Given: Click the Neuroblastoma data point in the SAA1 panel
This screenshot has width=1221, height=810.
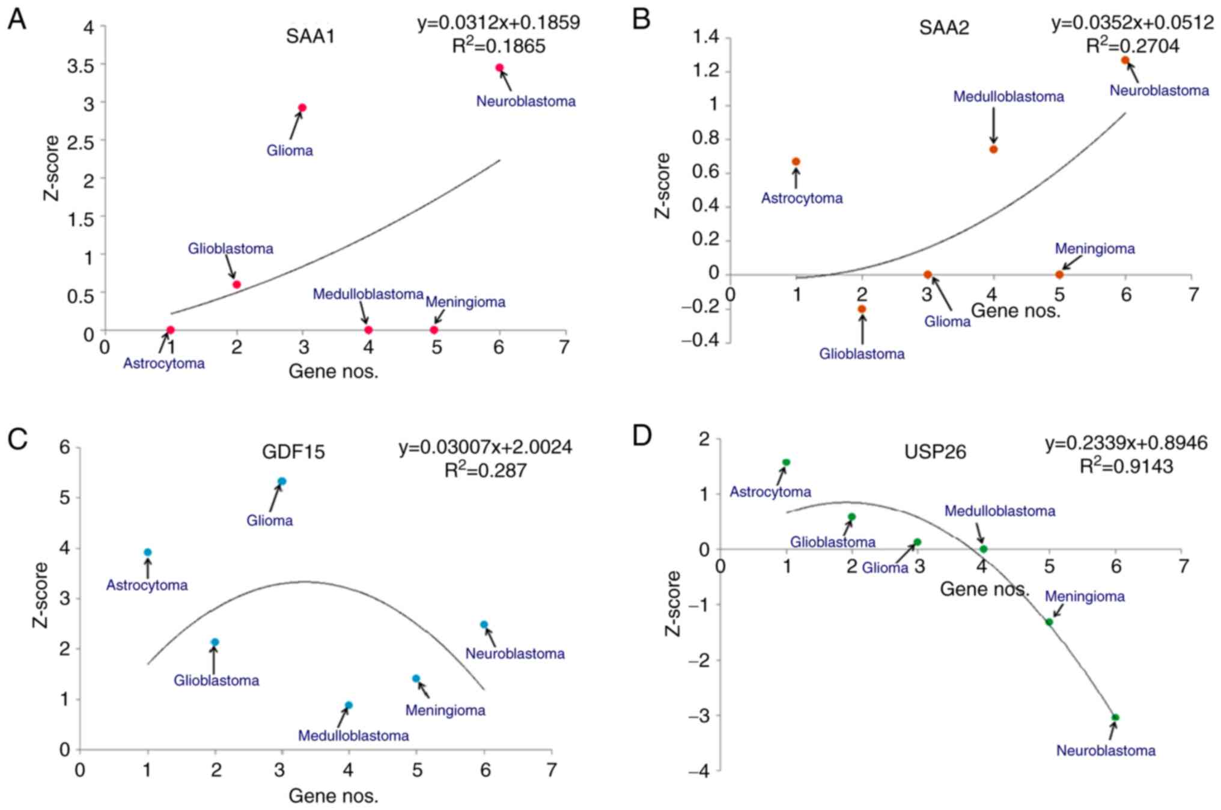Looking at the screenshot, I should point(499,68).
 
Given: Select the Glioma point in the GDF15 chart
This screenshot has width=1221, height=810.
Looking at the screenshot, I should point(282,481).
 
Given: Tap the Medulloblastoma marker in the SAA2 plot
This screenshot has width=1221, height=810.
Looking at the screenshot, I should point(993,149).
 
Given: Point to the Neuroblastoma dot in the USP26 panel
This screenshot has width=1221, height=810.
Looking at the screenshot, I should point(1115,717).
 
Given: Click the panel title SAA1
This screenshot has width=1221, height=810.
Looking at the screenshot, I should point(310,37).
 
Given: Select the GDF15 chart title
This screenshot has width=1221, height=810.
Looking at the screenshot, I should point(293,452).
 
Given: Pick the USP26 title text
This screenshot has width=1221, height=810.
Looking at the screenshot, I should point(935,452).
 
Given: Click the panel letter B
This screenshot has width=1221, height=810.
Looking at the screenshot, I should point(641,20).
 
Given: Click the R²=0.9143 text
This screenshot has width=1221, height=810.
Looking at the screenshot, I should point(1126,467).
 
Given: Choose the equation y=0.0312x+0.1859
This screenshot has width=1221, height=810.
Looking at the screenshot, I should point(499,23).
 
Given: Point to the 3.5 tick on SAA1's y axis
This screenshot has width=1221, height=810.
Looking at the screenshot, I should point(81,65).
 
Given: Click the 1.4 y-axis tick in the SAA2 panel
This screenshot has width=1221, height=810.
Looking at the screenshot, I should point(705,37).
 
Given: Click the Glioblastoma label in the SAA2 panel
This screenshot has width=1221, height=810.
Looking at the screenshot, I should point(862,354).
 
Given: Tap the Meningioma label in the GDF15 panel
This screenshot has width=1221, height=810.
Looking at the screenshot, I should point(445,710).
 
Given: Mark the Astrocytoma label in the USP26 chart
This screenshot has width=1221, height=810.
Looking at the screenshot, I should point(770,492).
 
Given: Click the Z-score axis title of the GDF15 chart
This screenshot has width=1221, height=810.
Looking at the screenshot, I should point(40,595).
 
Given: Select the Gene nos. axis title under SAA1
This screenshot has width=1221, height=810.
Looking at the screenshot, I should point(333,371).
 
